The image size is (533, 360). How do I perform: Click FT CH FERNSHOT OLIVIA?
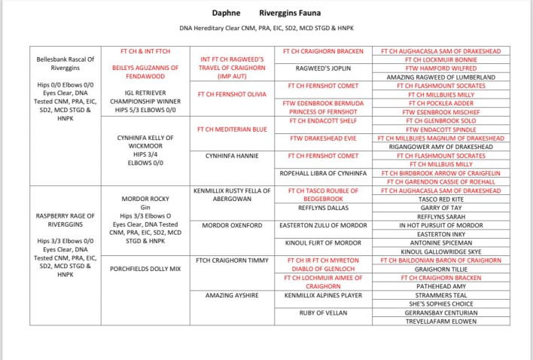coord(231,94)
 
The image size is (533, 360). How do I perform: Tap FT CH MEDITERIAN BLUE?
coord(231,130)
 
